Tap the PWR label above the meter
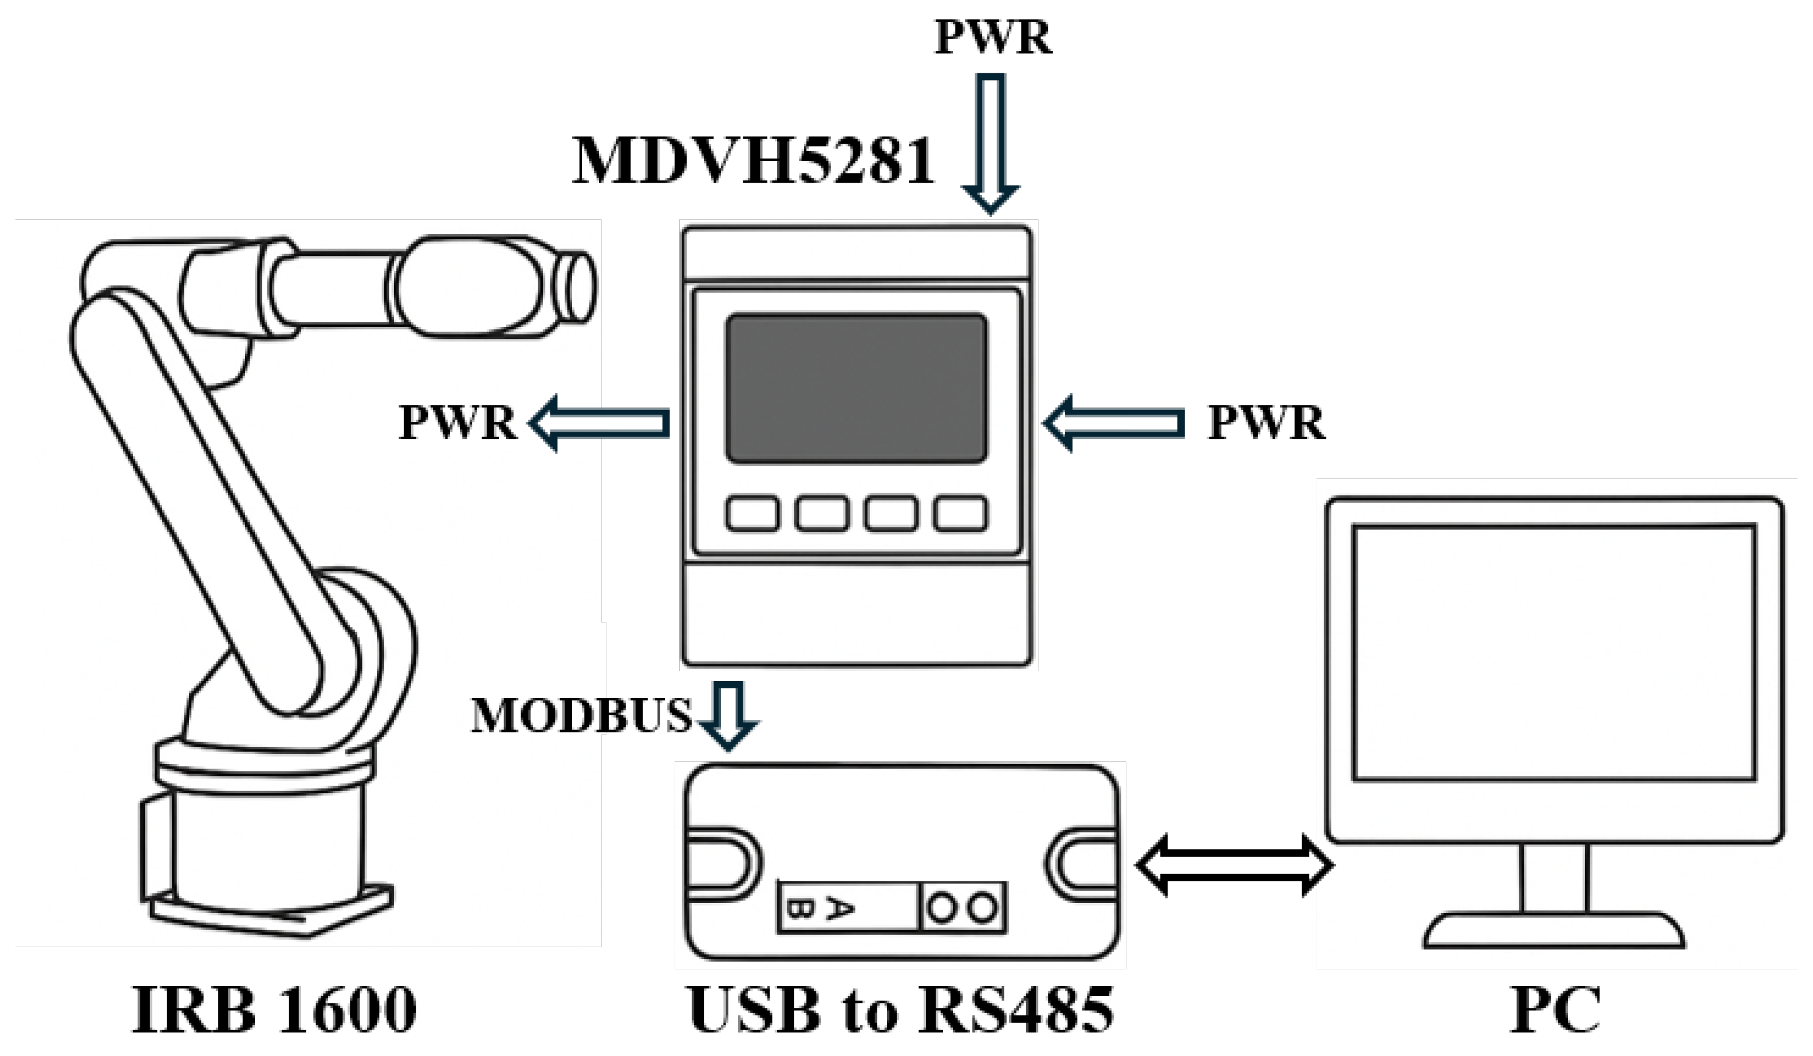click(993, 37)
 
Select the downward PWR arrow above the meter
click(991, 143)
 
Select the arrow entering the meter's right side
click(1114, 423)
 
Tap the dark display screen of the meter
click(856, 388)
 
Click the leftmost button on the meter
click(752, 514)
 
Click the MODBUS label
click(581, 716)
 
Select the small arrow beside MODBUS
click(729, 716)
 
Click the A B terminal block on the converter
click(849, 908)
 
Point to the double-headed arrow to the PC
click(1234, 865)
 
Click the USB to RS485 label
click(901, 1008)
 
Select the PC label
click(1555, 1008)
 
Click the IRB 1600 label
click(275, 1008)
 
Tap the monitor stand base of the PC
click(1554, 931)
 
